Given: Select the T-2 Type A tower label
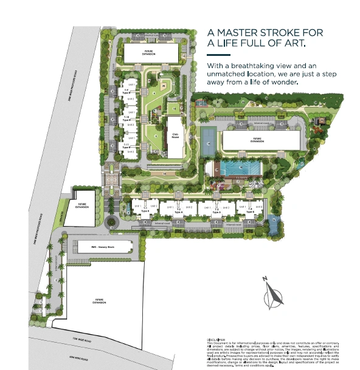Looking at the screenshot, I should pos(179,210).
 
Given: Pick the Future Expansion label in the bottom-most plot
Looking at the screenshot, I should pos(100,301).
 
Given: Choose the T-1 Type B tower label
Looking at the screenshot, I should pos(145,210).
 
